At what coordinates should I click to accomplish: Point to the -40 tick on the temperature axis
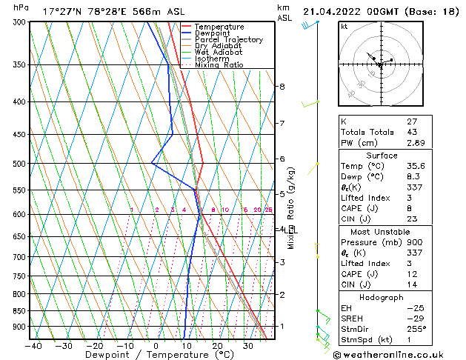pyautogui.click(x=33, y=345)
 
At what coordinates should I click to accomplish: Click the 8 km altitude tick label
pyautogui.click(x=282, y=87)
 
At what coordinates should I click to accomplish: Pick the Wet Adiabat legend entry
pyautogui.click(x=215, y=53)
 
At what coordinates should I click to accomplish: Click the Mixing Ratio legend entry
pyautogui.click(x=219, y=65)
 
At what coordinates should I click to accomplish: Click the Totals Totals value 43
pyautogui.click(x=413, y=132)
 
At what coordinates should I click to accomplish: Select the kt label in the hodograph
pyautogui.click(x=344, y=27)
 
